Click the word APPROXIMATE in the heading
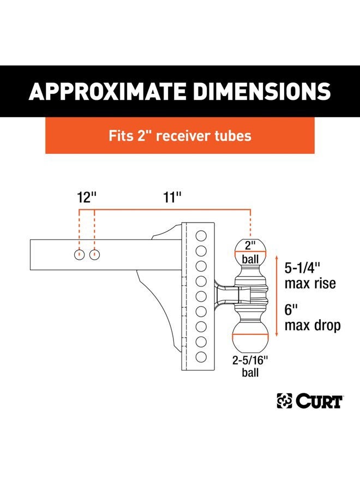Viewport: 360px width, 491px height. coord(107,92)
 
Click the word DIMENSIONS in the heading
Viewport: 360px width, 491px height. coord(262,92)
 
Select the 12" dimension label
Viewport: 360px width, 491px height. coord(87,197)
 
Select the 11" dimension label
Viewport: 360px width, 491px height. coord(172,197)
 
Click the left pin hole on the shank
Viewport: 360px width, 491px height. coord(80,255)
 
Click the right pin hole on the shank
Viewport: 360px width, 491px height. coord(94,255)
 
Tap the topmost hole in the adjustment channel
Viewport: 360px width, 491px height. coord(201,236)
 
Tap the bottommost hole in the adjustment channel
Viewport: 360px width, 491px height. coord(201,357)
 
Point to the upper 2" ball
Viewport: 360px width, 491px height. coord(250,252)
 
